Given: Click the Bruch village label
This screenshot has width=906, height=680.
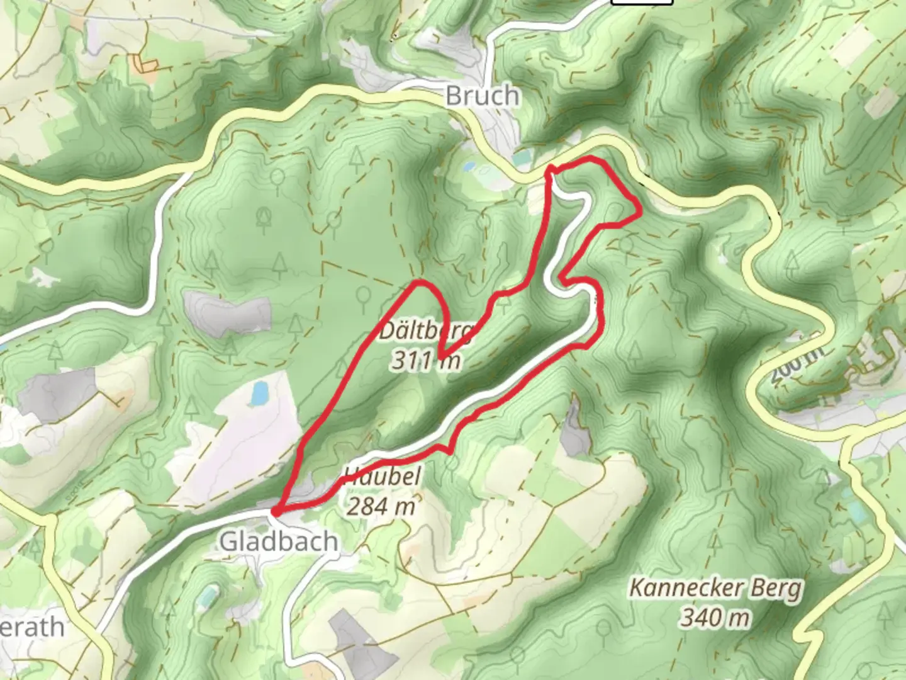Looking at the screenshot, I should pos(483,96).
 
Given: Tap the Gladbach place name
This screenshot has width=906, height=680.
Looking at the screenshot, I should pos(278,541).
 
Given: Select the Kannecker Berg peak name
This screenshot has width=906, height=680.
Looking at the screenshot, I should pos(716,589).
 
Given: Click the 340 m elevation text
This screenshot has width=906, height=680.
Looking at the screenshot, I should pos(715,617).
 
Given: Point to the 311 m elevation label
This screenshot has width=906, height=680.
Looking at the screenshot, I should pos(426,361).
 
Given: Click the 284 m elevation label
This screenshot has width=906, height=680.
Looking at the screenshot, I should pos(381,506).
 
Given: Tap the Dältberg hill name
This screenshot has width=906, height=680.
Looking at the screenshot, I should pos(428,331).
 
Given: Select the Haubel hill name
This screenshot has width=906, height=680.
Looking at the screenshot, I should pos(382,476).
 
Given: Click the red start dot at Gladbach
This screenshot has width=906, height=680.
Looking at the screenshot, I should pos(276,513).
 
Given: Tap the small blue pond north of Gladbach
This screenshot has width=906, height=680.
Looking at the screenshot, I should pos(259,394).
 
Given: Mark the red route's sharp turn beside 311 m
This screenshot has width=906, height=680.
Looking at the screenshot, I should pos(442,357).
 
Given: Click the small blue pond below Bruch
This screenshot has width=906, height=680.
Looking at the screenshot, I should pos(469,167).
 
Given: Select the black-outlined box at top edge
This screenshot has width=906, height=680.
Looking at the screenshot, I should pos(642,2).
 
